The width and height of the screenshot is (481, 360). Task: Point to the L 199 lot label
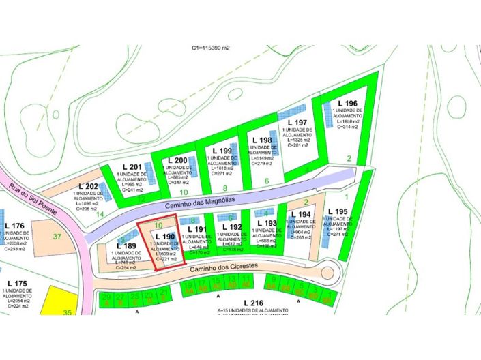[222, 150]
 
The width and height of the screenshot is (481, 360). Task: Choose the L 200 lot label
[178, 160]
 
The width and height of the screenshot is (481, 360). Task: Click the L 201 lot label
[132, 167]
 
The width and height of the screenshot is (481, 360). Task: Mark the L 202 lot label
[88, 186]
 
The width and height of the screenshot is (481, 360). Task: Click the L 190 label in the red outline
[165, 237]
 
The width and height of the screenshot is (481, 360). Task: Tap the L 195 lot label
[338, 211]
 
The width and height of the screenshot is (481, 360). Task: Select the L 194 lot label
[300, 214]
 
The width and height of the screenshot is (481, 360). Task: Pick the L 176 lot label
[14, 226]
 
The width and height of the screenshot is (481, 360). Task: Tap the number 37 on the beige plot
[57, 237]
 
